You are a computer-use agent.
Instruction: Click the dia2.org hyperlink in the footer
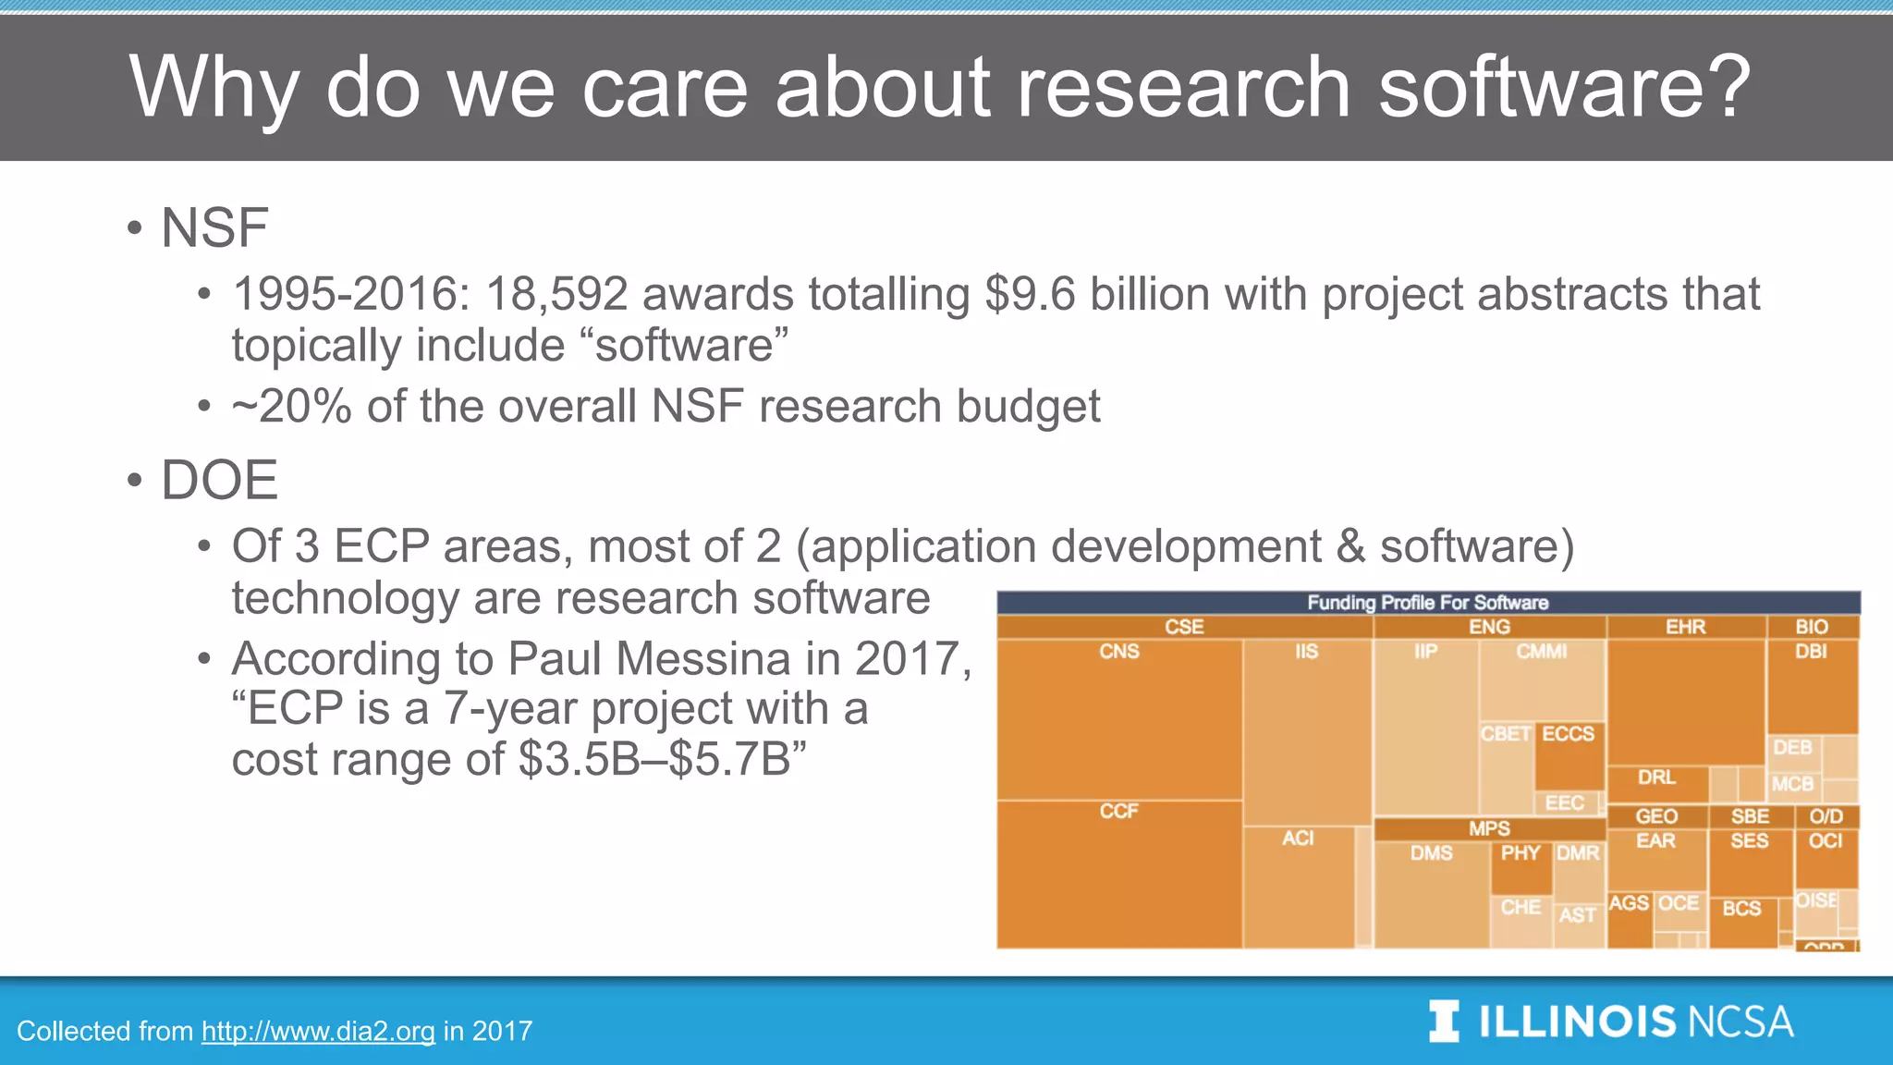click(x=318, y=1031)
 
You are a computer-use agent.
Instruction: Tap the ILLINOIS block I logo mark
click(x=1444, y=1022)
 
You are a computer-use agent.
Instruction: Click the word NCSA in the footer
click(x=1740, y=1022)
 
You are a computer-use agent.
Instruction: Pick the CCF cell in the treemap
click(x=1119, y=874)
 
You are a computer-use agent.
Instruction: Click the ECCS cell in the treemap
click(x=1569, y=753)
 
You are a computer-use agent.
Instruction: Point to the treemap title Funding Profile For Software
click(x=1427, y=603)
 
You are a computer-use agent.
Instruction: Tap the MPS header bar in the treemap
click(x=1489, y=828)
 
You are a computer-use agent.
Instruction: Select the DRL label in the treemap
click(x=1656, y=777)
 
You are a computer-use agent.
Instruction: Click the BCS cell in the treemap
click(x=1742, y=920)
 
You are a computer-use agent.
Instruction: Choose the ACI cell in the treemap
click(x=1298, y=883)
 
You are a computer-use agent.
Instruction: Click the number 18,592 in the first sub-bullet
click(x=556, y=294)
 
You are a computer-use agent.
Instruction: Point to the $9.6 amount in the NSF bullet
click(x=1029, y=294)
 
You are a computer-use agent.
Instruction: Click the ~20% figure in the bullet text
click(x=291, y=407)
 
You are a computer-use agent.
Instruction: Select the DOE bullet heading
click(x=219, y=480)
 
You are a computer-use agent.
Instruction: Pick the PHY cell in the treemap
click(x=1521, y=867)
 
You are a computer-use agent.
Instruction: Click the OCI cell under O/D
click(x=1826, y=860)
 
